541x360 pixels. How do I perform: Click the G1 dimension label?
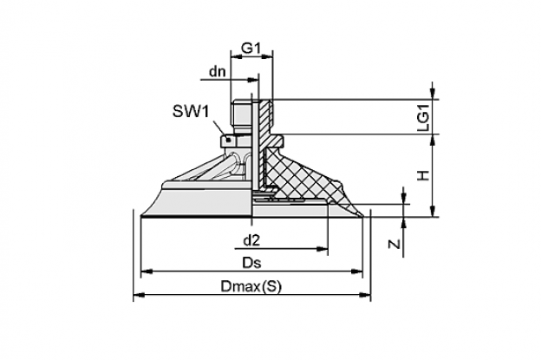pyautogui.click(x=251, y=48)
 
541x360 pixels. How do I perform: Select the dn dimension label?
pyautogui.click(x=218, y=71)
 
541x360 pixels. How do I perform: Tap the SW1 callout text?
pyautogui.click(x=191, y=111)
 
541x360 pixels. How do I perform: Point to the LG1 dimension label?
pyautogui.click(x=423, y=118)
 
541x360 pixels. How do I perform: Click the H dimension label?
pyautogui.click(x=423, y=175)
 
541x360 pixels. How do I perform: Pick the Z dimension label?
pyautogui.click(x=394, y=244)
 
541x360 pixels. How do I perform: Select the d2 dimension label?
pyautogui.click(x=251, y=240)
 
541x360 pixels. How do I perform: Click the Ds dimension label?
pyautogui.click(x=251, y=264)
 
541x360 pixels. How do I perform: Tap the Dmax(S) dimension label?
pyautogui.click(x=251, y=286)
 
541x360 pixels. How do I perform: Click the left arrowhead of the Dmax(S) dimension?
pyautogui.click(x=139, y=295)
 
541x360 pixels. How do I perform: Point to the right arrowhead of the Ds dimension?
pyautogui.click(x=357, y=272)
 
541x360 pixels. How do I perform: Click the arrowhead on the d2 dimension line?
pyautogui.click(x=323, y=248)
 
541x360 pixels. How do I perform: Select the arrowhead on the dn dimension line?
pyautogui.click(x=253, y=80)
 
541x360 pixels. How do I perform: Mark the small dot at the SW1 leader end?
pyautogui.click(x=228, y=140)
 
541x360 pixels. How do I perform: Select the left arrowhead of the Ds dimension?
pyautogui.click(x=147, y=272)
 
